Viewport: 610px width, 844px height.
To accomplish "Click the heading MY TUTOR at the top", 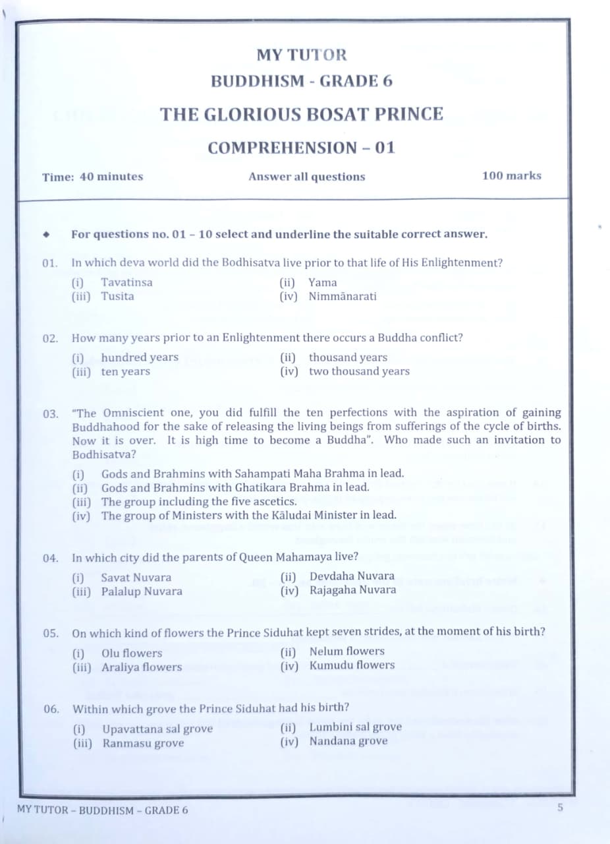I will (302, 55).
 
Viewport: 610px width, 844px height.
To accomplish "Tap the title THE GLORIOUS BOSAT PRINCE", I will (302, 114).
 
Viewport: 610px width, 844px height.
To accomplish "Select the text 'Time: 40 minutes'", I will (92, 177).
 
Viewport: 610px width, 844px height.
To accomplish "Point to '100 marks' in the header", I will (511, 175).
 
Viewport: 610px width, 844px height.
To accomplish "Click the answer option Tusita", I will (117, 296).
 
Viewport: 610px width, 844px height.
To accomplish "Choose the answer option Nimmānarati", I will (343, 296).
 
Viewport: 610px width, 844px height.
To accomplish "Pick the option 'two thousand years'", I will (359, 371).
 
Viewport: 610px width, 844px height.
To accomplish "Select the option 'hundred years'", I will (140, 357).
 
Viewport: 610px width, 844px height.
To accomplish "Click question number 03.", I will (51, 414).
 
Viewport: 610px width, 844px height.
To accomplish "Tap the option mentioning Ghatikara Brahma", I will (235, 487).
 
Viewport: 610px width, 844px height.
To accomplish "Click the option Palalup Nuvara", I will (142, 591).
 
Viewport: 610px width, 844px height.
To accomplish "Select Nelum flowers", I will (347, 651).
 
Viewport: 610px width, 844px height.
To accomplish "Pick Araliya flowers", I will (142, 667).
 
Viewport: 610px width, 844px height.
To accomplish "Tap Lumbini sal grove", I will (355, 727).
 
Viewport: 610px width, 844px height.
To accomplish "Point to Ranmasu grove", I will (143, 743).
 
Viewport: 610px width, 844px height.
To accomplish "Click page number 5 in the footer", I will (560, 806).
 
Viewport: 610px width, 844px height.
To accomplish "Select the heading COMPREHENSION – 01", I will (302, 148).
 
